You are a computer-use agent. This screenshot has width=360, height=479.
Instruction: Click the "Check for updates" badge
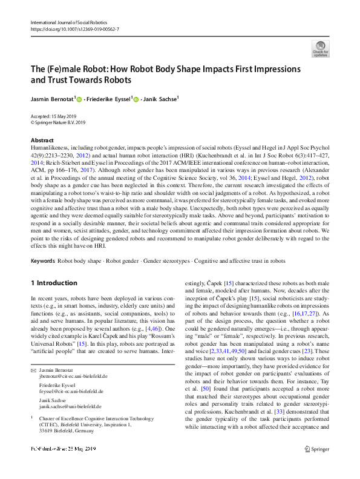coord(320,48)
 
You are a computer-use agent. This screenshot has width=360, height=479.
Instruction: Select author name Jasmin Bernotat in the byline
coord(53,99)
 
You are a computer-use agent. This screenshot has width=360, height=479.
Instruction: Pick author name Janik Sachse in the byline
coord(161,99)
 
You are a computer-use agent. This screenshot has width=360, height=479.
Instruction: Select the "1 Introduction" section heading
coord(54,283)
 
